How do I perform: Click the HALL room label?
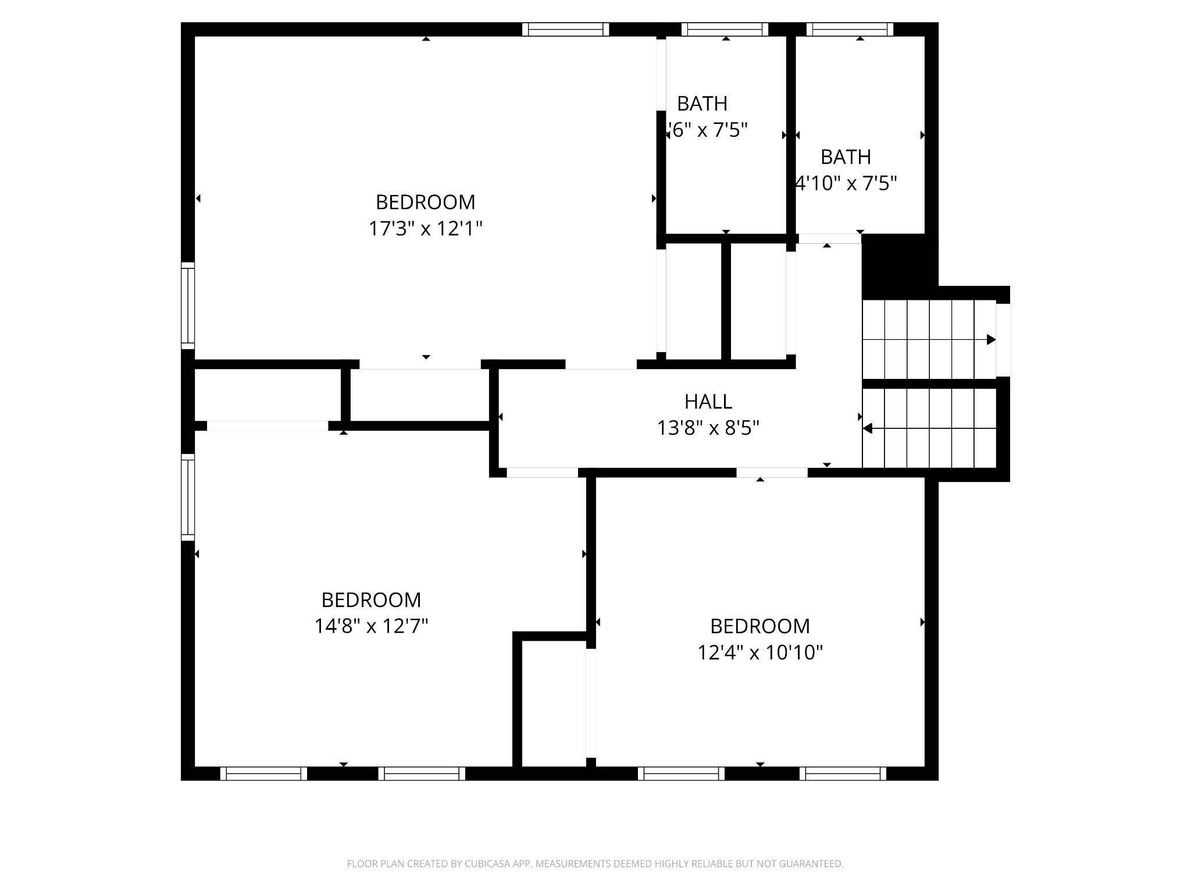coord(708,402)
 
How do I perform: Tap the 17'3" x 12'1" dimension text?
coord(426,229)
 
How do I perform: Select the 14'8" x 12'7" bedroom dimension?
coord(371,626)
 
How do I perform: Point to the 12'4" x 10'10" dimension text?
coord(760,653)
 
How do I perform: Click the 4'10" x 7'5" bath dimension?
coord(846,184)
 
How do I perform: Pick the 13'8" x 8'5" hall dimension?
coord(708,428)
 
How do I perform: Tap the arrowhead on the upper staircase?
coord(991,339)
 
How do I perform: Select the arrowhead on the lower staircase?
coord(867,428)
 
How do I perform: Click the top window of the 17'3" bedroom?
coord(565,30)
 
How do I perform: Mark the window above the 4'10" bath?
coord(850,30)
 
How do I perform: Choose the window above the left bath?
coord(725,30)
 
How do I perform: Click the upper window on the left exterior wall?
coord(188,306)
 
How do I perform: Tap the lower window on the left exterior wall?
coord(188,497)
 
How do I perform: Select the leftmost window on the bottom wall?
coord(263,774)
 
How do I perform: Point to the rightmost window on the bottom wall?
coord(843,774)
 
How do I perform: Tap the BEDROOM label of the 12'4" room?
coord(759,626)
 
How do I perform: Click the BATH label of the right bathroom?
coord(846,157)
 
